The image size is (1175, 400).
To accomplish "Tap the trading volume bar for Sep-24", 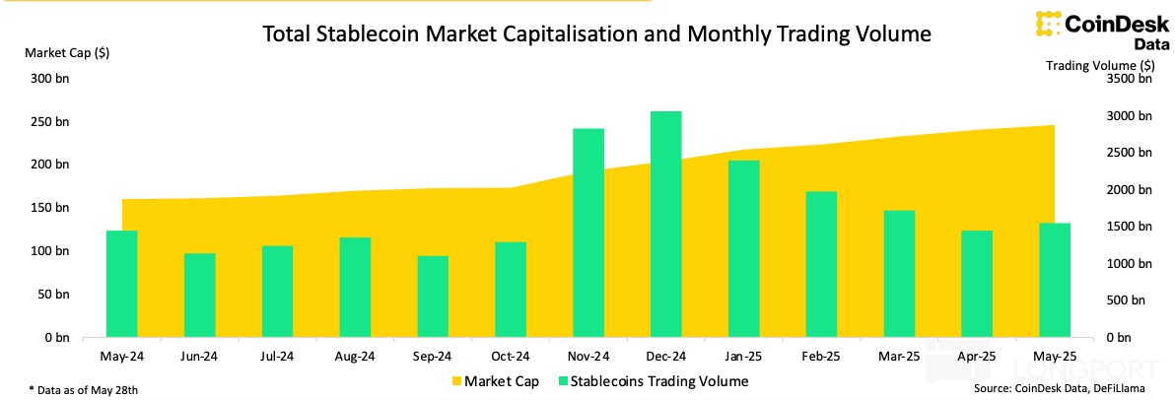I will (433, 297).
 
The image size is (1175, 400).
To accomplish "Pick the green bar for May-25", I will (1055, 280).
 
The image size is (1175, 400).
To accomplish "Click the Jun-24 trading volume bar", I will (199, 295).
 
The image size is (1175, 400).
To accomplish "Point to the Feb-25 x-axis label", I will (821, 356).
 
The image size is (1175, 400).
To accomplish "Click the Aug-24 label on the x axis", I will (355, 356).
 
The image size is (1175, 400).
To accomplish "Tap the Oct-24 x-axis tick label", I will (511, 356).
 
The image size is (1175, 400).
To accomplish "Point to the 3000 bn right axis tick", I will (1125, 115).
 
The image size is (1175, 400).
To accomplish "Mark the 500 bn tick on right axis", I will (1128, 300).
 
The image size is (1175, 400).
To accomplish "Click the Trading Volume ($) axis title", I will (1100, 65).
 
